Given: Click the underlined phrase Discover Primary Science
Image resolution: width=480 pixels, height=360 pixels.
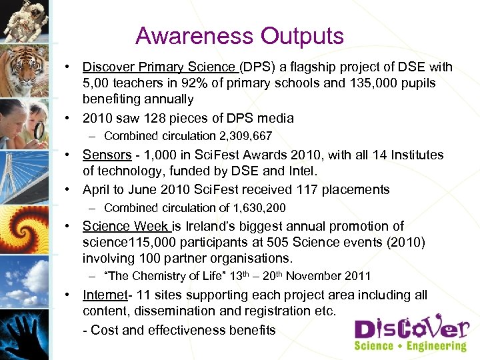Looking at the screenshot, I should pos(159,67).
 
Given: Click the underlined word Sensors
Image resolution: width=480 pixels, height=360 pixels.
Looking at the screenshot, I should pos(107,155).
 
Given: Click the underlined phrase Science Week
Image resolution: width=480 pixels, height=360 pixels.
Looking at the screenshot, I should pos(126,226).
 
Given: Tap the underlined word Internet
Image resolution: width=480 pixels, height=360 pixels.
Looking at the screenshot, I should pos(105,295).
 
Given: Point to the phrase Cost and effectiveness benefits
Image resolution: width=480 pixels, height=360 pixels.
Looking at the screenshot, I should pos(183,330).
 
